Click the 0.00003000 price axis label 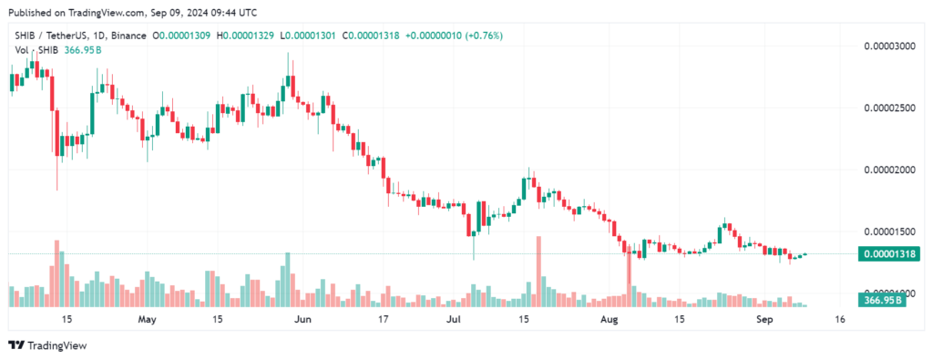(x=888, y=46)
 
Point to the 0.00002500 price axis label (x=888, y=108)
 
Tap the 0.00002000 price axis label (x=888, y=170)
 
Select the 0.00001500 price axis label (x=888, y=231)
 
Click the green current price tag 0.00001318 (x=889, y=254)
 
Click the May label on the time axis (x=147, y=320)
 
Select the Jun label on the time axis (x=304, y=320)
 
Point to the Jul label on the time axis (x=454, y=320)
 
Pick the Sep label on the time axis (x=764, y=320)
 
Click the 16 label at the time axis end (x=839, y=320)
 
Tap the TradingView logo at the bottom (x=47, y=345)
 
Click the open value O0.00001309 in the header (x=181, y=36)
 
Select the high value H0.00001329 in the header (x=245, y=36)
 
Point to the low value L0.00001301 (x=308, y=36)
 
